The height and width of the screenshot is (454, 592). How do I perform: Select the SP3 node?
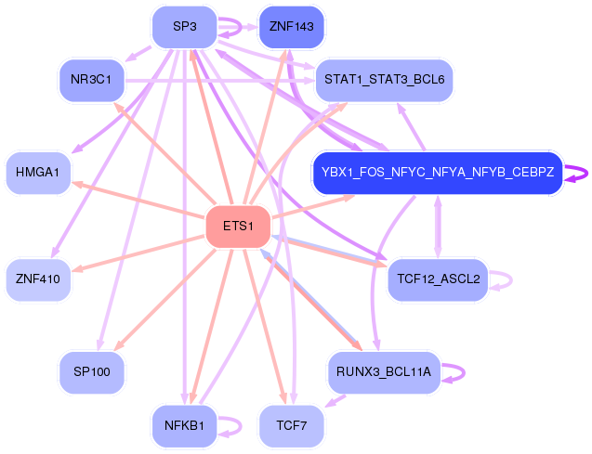pyautogui.click(x=184, y=27)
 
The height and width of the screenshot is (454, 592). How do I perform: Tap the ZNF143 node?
pyautogui.click(x=292, y=27)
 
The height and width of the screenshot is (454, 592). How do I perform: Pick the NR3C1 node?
pyautogui.click(x=91, y=80)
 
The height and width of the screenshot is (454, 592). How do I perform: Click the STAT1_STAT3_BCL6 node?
pyautogui.click(x=384, y=80)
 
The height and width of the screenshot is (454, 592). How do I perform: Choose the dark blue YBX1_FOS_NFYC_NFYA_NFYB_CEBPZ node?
pyautogui.click(x=437, y=173)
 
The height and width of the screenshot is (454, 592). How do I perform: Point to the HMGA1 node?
pyautogui.click(x=38, y=173)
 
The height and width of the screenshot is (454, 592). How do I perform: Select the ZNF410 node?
pyautogui.click(x=38, y=277)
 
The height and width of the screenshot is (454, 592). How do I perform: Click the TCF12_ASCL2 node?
pyautogui.click(x=437, y=278)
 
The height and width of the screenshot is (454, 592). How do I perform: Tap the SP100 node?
pyautogui.click(x=91, y=371)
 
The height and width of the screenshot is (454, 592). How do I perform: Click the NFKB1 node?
pyautogui.click(x=184, y=426)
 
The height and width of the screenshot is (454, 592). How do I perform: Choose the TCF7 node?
pyautogui.click(x=292, y=426)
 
